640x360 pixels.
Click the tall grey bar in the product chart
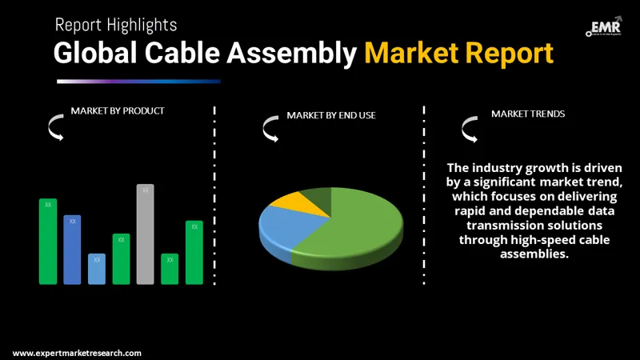(145, 234)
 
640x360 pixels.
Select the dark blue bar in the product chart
(72, 250)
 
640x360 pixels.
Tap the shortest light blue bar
(97, 269)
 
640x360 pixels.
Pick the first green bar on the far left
(48, 241)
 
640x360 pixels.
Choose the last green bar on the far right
(194, 252)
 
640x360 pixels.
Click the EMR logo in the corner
(603, 26)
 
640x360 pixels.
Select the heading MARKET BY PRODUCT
(118, 111)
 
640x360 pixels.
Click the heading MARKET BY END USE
(331, 116)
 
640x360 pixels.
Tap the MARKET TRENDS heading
(528, 114)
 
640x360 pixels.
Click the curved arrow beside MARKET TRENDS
(469, 127)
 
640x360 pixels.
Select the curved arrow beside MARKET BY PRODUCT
(56, 126)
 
